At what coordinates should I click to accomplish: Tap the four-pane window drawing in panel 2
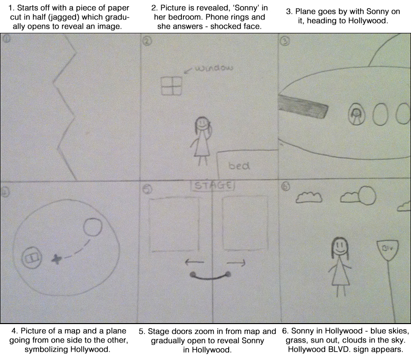click(x=172, y=86)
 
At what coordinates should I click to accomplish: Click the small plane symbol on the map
click(x=57, y=259)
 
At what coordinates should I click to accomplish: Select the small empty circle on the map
click(x=92, y=226)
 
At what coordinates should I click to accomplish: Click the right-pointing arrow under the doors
click(x=235, y=262)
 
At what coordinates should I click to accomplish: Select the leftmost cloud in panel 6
click(x=309, y=196)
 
